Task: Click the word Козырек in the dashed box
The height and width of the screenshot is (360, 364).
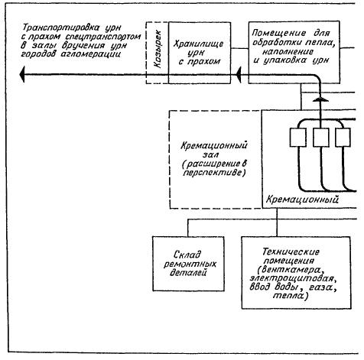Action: [x=158, y=49]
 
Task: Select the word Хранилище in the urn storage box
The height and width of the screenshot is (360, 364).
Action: [x=199, y=44]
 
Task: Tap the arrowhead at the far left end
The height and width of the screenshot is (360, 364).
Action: [x=22, y=74]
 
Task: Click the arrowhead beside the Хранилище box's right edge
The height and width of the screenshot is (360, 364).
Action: [x=239, y=74]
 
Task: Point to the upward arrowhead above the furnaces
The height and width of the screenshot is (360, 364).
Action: [x=320, y=99]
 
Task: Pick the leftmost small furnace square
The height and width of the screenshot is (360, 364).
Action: [x=297, y=138]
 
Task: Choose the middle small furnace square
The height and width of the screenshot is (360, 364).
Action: [x=320, y=138]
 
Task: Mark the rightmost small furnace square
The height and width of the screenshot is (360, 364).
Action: [x=343, y=138]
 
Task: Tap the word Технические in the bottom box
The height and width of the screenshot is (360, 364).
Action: [x=291, y=251]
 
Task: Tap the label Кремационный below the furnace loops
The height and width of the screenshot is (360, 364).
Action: [x=302, y=199]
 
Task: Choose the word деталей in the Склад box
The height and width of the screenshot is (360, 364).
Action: [x=188, y=272]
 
